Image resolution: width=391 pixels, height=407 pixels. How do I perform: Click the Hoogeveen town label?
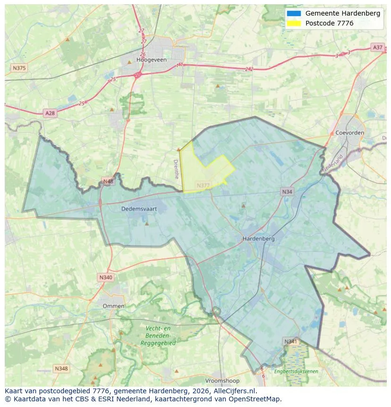click(148, 60)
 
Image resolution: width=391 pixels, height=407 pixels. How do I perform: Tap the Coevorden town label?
click(350, 133)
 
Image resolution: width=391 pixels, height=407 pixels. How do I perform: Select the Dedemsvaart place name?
click(139, 208)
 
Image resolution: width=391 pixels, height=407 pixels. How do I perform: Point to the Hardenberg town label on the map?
click(258, 239)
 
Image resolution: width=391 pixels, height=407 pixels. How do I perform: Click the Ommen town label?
click(114, 306)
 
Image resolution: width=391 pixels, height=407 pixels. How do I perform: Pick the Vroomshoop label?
click(222, 381)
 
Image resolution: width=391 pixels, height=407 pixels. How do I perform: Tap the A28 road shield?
click(50, 113)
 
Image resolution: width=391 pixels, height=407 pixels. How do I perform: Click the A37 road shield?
click(377, 47)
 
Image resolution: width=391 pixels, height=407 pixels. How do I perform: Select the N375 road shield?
click(19, 68)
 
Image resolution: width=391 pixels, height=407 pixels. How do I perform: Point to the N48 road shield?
click(108, 182)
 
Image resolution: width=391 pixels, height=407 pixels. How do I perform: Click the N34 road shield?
click(287, 191)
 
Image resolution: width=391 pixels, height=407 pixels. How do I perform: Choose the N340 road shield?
click(106, 277)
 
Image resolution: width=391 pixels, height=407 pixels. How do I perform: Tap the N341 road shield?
click(290, 341)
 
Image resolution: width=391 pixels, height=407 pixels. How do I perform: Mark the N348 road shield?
click(61, 368)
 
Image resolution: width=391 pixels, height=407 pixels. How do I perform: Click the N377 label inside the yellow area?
click(203, 185)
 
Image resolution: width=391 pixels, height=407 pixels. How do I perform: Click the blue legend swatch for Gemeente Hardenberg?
click(293, 14)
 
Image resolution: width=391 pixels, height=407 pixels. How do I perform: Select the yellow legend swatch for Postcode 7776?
click(293, 23)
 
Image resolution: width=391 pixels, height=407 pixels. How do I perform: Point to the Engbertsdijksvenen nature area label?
click(296, 372)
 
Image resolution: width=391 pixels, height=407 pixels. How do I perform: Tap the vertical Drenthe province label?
click(177, 169)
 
